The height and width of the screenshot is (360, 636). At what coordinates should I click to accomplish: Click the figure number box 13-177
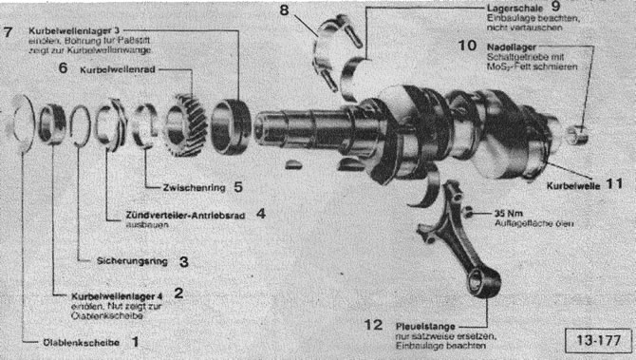595,338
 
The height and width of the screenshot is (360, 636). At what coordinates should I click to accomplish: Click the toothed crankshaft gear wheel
185,125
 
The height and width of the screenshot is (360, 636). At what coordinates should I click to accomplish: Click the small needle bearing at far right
577,131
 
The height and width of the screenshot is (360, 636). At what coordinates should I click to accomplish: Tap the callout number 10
468,46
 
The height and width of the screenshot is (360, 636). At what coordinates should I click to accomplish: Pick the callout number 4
259,215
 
